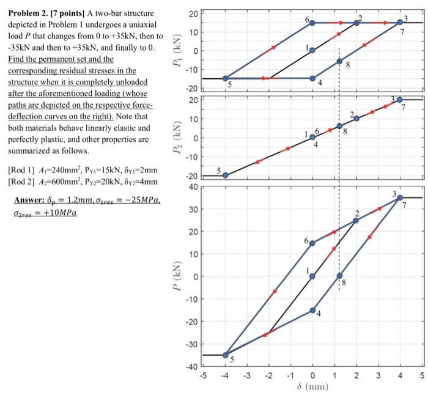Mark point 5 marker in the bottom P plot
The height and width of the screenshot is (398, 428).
coord(225,355)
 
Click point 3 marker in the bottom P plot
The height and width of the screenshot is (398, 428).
coord(400,197)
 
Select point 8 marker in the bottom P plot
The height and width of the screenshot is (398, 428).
coord(339,276)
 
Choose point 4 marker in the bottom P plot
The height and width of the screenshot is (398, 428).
coord(312,311)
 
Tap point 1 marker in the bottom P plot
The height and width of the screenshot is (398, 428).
coord(312,276)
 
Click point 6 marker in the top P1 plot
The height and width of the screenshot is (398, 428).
coord(312,23)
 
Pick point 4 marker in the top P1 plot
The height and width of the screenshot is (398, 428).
coord(312,78)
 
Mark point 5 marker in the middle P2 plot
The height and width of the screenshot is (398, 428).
coord(225,175)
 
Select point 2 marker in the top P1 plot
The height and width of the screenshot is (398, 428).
coord(356,23)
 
